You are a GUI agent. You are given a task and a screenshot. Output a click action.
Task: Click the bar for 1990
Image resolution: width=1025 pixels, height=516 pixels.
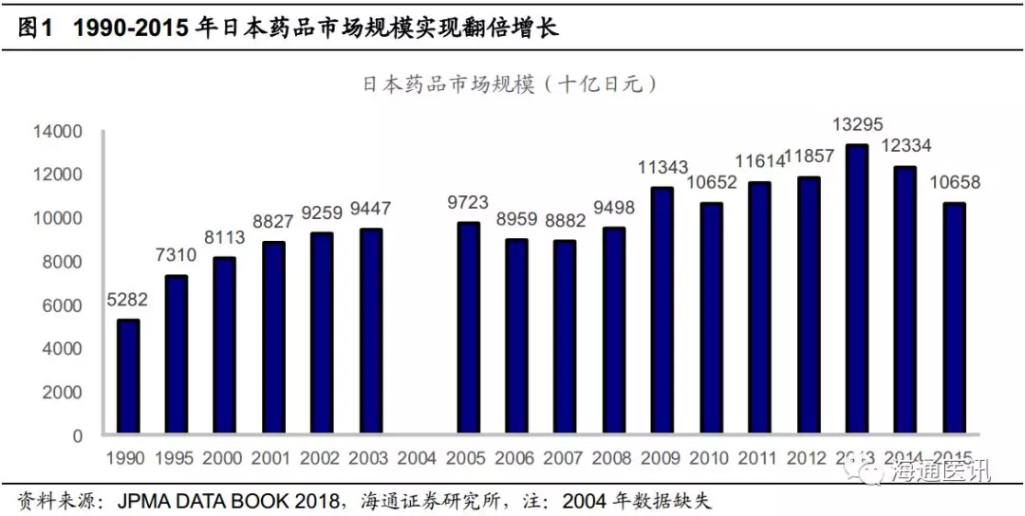(128, 378)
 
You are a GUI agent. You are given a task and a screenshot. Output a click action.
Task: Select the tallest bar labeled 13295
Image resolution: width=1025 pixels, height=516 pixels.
(857, 290)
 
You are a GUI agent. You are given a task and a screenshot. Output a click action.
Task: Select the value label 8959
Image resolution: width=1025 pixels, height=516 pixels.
(516, 220)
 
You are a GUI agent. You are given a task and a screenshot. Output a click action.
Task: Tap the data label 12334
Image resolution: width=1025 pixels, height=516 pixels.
(905, 148)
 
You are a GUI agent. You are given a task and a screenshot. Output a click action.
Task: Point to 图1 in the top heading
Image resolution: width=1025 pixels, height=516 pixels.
(34, 28)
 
